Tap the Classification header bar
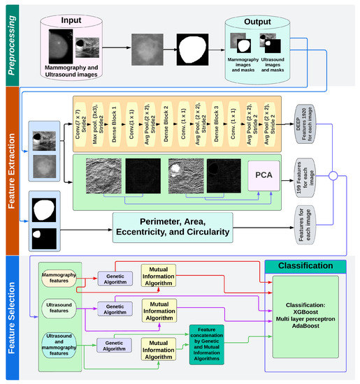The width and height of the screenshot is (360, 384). click(x=305, y=266)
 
